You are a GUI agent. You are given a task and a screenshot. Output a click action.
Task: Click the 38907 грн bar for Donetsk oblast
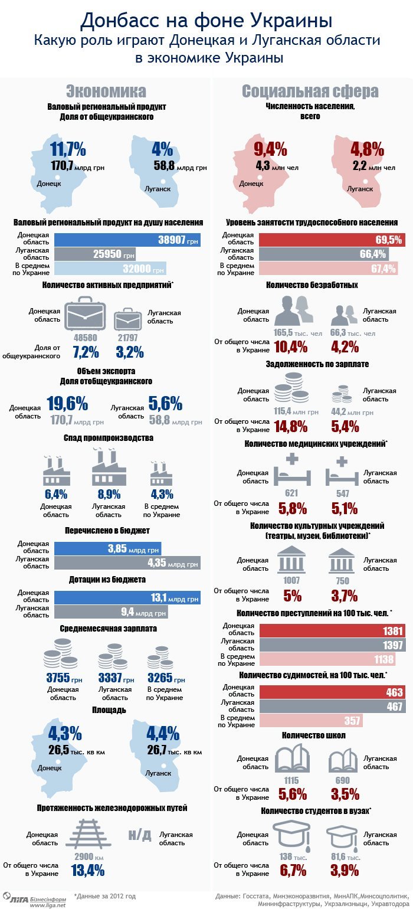(x=127, y=240)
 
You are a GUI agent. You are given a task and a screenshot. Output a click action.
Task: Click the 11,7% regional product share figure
(x=68, y=148)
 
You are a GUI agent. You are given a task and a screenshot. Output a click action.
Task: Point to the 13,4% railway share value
(x=87, y=869)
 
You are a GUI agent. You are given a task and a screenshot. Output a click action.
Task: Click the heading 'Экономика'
(x=106, y=91)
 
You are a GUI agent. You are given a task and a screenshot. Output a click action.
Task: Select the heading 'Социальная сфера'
(x=310, y=91)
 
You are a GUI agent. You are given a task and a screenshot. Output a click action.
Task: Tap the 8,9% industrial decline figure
(x=109, y=494)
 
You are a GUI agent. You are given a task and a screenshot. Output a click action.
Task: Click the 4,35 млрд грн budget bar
(x=127, y=563)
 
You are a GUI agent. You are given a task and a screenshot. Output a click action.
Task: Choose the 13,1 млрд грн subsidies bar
(x=127, y=597)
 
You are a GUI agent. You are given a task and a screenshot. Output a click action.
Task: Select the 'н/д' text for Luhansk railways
(x=140, y=835)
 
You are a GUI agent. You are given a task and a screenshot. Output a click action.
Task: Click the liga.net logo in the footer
(x=32, y=898)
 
